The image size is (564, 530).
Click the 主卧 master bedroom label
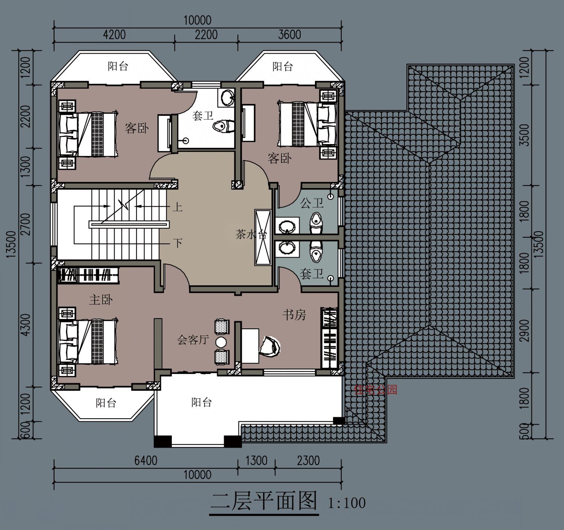pos(101,300)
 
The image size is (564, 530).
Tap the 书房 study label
pos(294,315)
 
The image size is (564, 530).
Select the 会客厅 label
pos(193,340)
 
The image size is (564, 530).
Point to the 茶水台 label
pos(251,234)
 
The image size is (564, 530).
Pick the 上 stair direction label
pos(177,207)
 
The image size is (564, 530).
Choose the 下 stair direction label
pos(178,243)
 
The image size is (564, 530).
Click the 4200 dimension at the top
pos(114,35)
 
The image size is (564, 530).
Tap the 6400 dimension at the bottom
pos(146,460)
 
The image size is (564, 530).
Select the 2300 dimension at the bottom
pos(308,460)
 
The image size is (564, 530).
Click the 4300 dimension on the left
pos(26,325)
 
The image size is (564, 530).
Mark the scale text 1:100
pos(346,503)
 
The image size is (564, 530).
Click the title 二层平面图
pos(264,501)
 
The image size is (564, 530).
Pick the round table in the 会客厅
pos(221,342)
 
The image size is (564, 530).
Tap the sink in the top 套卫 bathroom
pos(227,97)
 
